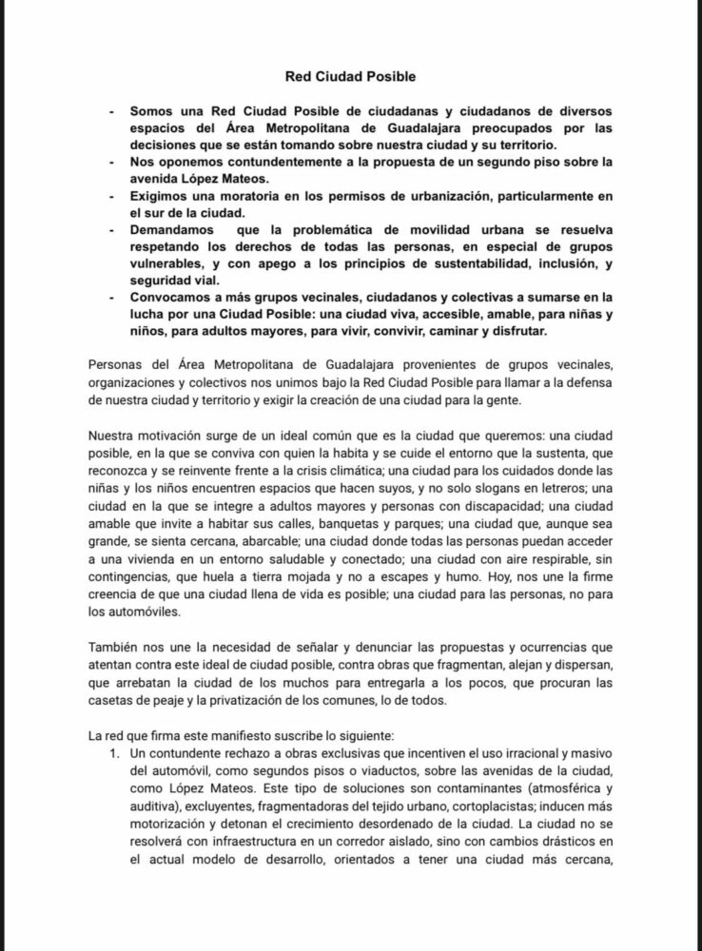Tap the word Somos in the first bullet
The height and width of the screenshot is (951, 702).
coord(153,111)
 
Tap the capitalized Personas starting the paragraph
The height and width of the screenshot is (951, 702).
coord(114,368)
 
